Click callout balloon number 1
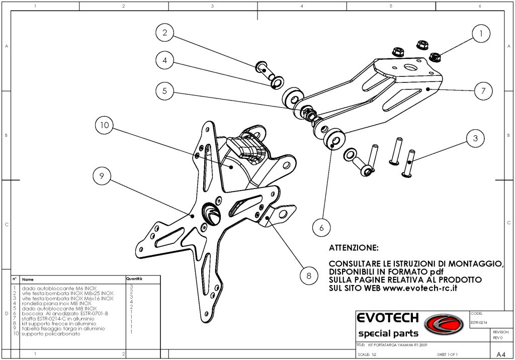[481, 34]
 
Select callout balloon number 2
[164, 34]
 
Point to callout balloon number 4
[164, 61]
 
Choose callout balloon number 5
[164, 92]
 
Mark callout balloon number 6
[321, 227]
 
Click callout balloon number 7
[483, 91]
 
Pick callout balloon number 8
[308, 275]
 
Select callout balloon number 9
[102, 175]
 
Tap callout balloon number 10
[105, 126]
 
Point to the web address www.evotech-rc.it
[420, 289]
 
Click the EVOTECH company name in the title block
[387, 318]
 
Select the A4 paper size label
[500, 353]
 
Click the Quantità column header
[134, 278]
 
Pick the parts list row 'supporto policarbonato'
[51, 334]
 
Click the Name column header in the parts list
[28, 279]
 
